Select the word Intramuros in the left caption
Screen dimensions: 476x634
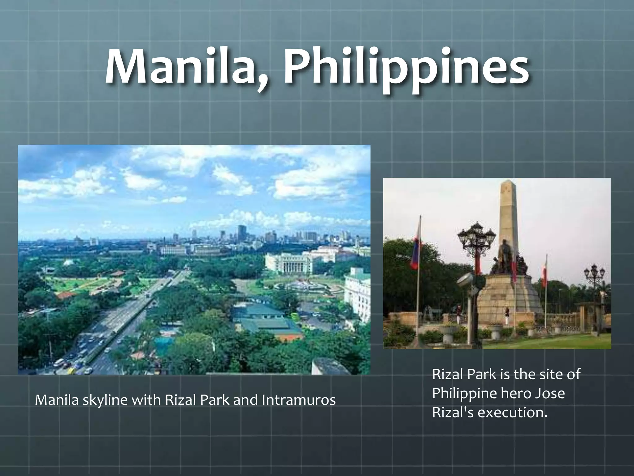[298, 400]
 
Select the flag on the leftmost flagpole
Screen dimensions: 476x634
[415, 248]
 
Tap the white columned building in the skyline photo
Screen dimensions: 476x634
[289, 263]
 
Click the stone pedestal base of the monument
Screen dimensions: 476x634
[508, 297]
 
